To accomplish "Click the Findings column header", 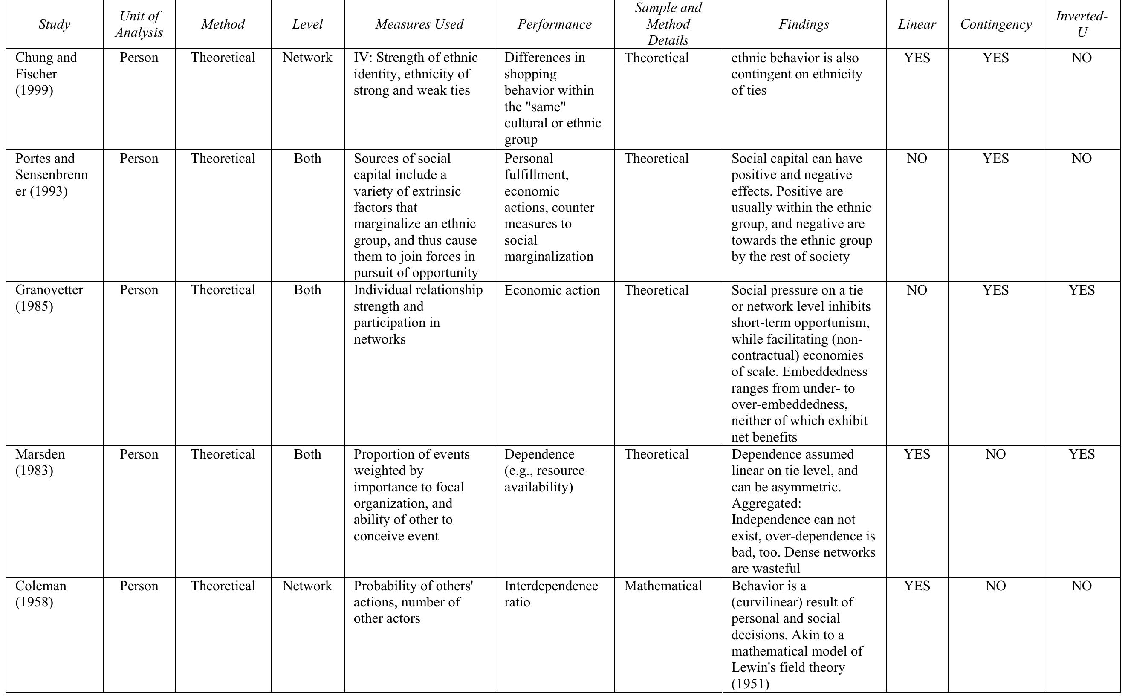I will [x=803, y=24].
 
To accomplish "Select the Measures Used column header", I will [x=419, y=24].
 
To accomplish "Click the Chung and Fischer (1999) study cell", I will [x=46, y=74].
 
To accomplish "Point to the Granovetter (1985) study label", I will [x=49, y=298].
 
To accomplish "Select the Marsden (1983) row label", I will [x=40, y=462].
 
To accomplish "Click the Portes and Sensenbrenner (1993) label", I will [x=51, y=174].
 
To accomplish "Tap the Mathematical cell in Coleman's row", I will [x=663, y=586].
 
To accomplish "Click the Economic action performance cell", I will [x=552, y=290].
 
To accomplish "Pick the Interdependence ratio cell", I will [x=551, y=594].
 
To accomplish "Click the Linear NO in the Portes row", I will [x=917, y=159].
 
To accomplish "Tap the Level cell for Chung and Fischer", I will [x=307, y=58].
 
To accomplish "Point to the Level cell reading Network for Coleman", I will [x=307, y=586].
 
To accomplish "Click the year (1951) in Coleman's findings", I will [x=750, y=684].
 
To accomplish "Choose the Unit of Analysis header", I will [x=139, y=24].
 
